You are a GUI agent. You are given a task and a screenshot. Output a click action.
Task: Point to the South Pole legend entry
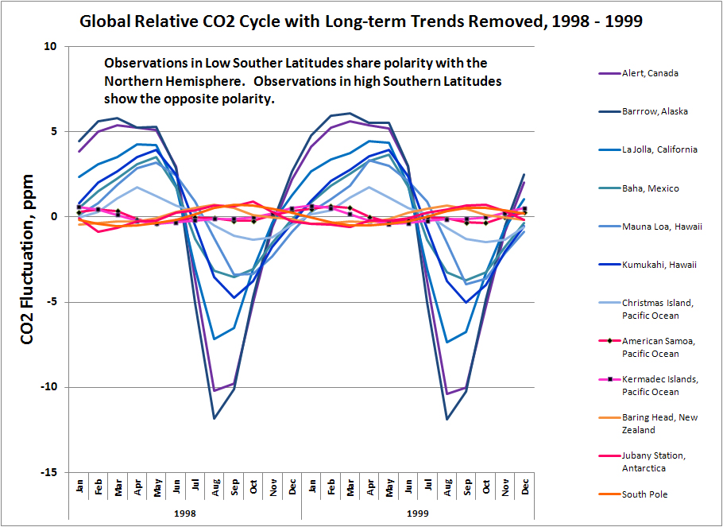644,494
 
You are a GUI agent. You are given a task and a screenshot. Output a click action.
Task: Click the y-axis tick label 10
51,47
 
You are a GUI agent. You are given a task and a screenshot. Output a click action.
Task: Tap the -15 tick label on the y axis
48,472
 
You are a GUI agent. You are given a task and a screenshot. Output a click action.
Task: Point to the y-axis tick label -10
48,387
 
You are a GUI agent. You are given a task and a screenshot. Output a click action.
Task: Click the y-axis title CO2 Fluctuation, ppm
27,259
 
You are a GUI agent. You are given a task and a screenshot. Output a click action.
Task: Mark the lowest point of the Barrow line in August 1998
215,418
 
